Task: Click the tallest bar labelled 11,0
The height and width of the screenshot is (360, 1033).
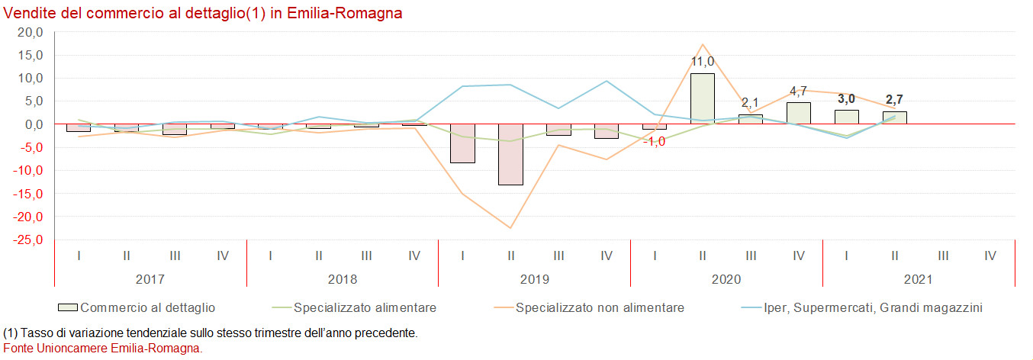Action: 702,98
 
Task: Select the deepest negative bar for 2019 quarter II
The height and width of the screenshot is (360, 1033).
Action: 510,154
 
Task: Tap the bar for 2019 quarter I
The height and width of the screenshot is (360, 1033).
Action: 462,143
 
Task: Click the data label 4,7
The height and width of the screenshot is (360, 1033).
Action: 798,92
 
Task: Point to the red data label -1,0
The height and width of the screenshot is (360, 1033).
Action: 655,141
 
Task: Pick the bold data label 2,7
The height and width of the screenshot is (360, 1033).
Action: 893,99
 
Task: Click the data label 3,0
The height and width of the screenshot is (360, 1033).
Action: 846,98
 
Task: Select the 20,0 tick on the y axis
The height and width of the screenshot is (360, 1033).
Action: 30,32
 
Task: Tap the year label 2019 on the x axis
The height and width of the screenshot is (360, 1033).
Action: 534,280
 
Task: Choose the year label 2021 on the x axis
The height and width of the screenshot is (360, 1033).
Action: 918,280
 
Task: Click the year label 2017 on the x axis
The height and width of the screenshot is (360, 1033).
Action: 150,280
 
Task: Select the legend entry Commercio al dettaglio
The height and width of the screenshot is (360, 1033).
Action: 147,307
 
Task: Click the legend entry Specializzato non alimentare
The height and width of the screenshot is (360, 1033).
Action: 600,307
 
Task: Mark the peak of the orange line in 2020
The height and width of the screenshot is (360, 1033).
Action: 702,44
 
